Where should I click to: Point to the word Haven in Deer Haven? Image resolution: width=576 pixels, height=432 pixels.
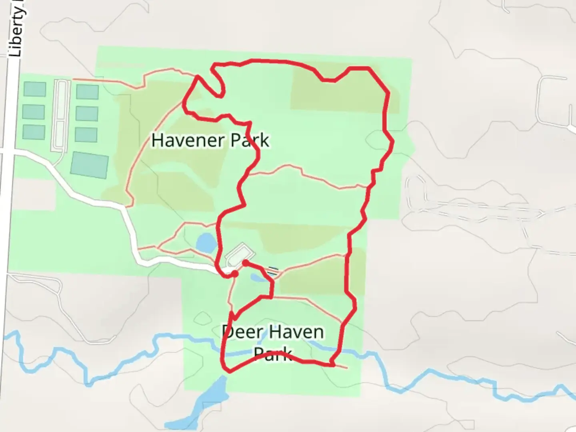point(296,332)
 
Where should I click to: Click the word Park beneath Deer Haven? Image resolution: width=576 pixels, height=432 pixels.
point(273,354)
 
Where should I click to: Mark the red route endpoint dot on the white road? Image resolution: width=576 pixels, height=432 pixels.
point(235,273)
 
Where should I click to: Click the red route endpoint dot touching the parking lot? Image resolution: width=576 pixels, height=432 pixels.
point(245,263)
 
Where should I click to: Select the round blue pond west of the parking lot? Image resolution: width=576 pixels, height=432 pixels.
point(206,242)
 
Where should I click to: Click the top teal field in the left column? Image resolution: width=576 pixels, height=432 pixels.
point(35,89)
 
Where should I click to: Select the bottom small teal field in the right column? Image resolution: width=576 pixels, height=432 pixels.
point(86,135)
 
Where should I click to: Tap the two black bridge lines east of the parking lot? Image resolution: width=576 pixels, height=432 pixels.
point(272,271)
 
